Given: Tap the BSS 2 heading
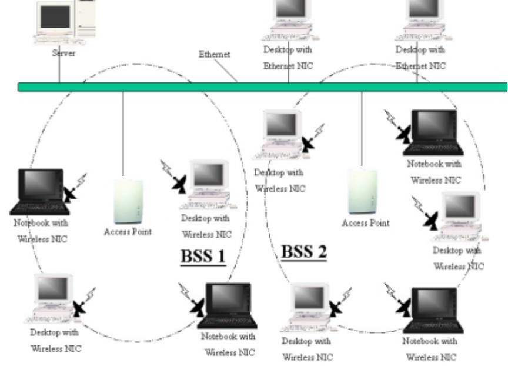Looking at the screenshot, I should (x=303, y=251).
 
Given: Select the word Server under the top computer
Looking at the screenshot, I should (x=63, y=53).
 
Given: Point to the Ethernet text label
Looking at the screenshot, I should (x=215, y=55).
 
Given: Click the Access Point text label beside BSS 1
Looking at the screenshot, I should (x=128, y=232).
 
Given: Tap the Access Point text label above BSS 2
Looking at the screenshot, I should (x=365, y=224).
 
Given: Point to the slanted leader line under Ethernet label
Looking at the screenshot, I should (x=226, y=70).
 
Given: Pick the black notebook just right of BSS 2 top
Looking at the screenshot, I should (x=434, y=132).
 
